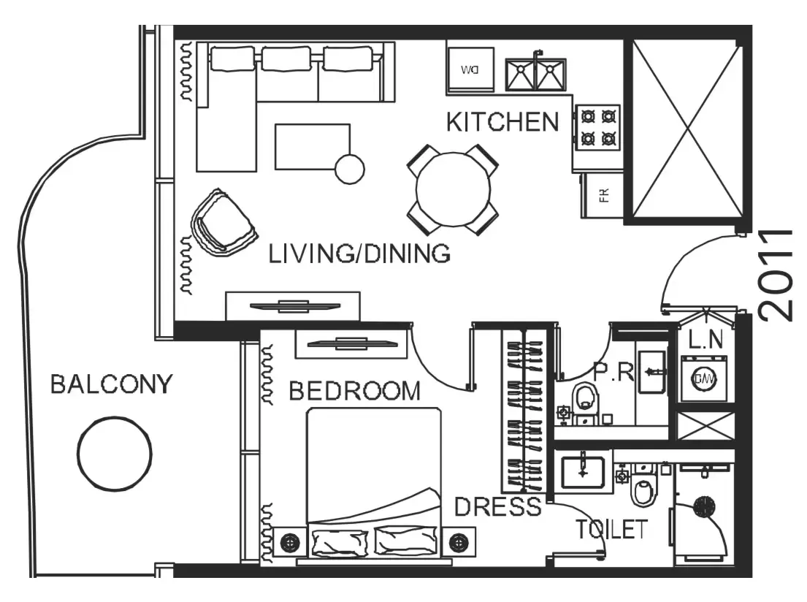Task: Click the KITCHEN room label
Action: pos(502,122)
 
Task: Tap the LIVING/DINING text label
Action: pos(359,254)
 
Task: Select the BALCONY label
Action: pos(111,384)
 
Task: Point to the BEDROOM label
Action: pos(355,391)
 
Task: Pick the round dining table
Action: pos(453,189)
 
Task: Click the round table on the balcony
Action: pos(114,454)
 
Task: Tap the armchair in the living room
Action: pos(223,222)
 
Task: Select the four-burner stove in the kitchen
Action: pos(598,128)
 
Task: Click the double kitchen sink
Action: pos(536,74)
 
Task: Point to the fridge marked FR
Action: pos(603,195)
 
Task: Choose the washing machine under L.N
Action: pos(703,378)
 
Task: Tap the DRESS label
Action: pos(498,507)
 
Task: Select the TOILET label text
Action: pos(611,529)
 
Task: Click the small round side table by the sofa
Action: pos(350,169)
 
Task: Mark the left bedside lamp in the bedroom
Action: pos(291,542)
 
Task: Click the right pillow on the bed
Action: pos(405,541)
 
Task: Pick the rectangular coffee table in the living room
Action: pos(313,146)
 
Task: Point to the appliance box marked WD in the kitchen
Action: pos(470,70)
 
